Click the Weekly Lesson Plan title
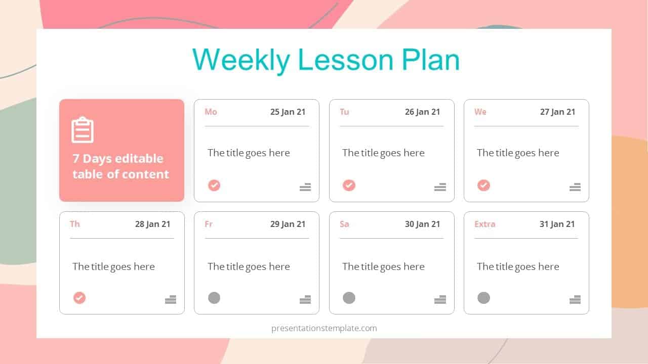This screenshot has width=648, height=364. coord(326,60)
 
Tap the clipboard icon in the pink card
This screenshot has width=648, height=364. coord(83,130)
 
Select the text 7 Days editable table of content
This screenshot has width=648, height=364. coord(120,166)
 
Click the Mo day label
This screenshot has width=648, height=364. coord(211,112)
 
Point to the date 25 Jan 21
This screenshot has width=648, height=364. coord(288,112)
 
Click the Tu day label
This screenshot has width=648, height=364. coord(344,112)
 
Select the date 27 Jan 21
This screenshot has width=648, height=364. coord(557,112)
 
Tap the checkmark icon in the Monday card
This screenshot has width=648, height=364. coord(214,186)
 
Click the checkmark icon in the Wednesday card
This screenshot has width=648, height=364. coord(483,186)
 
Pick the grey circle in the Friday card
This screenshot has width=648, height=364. coord(214,298)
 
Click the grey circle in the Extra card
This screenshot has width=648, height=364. coord(483,298)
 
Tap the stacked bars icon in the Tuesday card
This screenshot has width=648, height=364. coord(440,187)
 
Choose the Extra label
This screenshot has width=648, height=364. coord(484,224)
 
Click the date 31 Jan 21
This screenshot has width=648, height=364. coord(557,224)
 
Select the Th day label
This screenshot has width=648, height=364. coord(75,224)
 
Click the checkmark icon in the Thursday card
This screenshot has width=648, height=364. coord(79,298)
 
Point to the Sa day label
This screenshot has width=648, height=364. coord(344,224)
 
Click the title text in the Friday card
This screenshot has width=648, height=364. coord(249,266)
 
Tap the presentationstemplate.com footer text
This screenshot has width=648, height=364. coord(324,328)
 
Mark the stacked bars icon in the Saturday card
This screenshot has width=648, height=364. coord(440,299)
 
